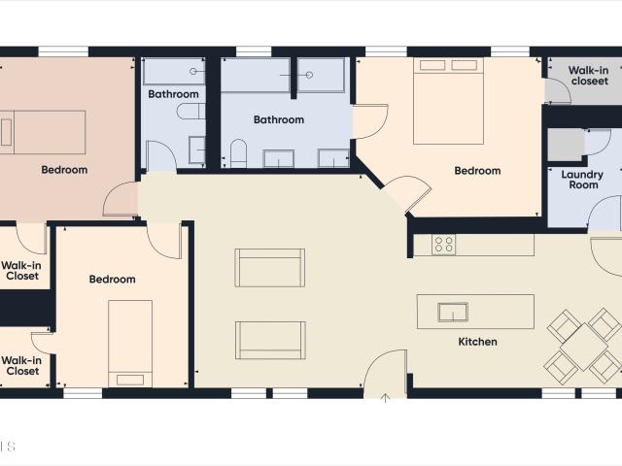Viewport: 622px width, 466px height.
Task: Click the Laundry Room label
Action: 582,180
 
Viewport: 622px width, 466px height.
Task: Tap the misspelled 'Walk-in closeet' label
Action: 589,76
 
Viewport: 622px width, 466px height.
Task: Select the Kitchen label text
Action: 477,342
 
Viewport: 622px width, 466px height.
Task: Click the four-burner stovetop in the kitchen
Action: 443,245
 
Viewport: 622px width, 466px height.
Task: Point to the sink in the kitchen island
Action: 453,312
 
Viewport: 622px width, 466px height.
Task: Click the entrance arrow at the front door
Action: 385,398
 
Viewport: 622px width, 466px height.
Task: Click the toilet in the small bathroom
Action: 190,112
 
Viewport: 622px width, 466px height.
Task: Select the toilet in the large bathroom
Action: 238,153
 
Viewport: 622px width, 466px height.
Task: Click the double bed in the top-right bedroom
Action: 448,101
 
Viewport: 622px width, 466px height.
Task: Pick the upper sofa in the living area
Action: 270,268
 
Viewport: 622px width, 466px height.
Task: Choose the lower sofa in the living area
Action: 270,341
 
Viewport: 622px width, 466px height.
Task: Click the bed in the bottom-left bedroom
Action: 130,344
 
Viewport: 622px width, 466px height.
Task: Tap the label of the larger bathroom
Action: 279,119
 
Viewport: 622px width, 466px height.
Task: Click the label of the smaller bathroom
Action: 173,94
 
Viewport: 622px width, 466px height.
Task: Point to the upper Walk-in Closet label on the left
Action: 21,271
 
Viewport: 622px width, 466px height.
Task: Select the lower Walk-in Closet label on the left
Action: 21,366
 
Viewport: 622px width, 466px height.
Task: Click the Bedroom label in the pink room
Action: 64,170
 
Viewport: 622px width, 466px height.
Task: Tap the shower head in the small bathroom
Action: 193,71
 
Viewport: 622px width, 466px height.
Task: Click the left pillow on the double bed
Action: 432,65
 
